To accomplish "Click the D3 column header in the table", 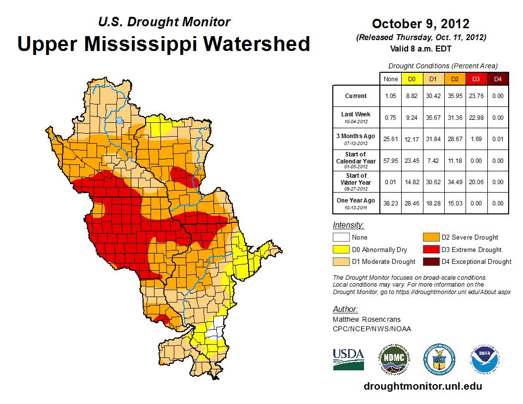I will [x=476, y=79].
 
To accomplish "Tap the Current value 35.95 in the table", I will [x=454, y=96].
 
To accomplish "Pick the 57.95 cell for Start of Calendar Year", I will [x=390, y=160].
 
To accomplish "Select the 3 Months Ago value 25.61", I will [x=390, y=139].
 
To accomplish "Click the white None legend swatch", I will [x=341, y=238].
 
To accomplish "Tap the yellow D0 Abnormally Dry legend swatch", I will [x=341, y=250].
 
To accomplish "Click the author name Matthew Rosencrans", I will [x=366, y=319].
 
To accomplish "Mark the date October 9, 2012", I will [x=420, y=24].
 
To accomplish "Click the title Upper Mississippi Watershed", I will [x=164, y=44].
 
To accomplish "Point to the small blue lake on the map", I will [x=119, y=120].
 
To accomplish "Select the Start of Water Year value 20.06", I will [x=475, y=182].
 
